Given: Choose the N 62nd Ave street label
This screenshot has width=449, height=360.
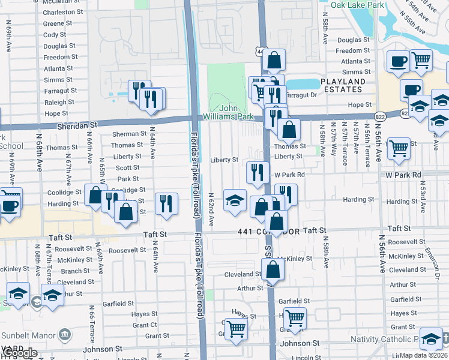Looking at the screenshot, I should (x=211, y=209).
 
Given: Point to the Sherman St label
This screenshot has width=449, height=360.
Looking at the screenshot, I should (x=129, y=134).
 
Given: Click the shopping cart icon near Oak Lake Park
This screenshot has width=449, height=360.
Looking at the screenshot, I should (x=421, y=59).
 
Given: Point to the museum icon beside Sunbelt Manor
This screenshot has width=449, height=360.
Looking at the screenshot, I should (x=65, y=334).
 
